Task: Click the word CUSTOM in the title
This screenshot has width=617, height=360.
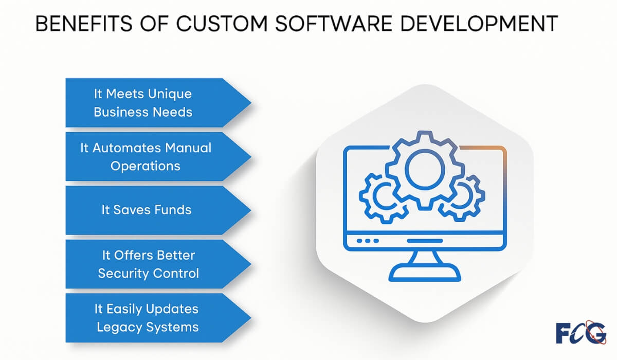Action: [x=222, y=24]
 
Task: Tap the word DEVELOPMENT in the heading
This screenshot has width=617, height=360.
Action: [x=479, y=24]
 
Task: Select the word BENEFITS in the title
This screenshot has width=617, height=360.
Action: [x=84, y=24]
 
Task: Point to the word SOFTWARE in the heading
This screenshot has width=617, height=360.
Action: [x=334, y=24]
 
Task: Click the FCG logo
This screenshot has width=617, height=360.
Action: [x=581, y=332]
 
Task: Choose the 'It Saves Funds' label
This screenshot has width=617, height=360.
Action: [x=146, y=210]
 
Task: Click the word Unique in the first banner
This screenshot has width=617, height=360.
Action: [x=170, y=94]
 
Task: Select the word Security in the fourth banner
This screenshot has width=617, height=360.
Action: [x=123, y=274]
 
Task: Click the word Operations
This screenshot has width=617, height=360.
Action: [x=146, y=166]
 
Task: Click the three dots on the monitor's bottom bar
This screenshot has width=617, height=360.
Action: [x=368, y=241]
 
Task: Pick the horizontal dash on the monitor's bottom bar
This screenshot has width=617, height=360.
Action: [x=425, y=241]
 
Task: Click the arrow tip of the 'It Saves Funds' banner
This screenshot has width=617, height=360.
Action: [x=250, y=210]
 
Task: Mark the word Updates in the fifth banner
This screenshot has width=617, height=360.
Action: [x=172, y=309]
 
